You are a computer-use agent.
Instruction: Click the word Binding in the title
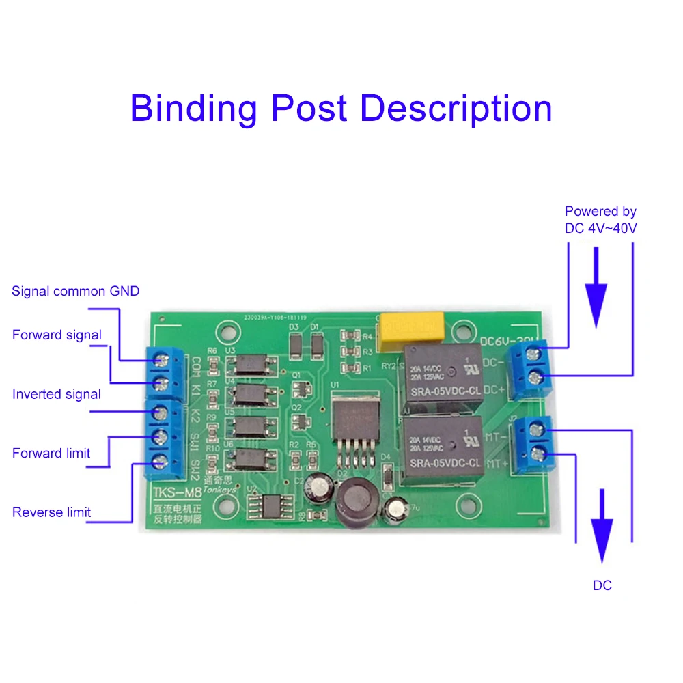193,109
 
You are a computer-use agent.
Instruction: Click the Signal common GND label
75,292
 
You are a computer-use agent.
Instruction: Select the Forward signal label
57,335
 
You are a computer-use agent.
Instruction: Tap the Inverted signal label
57,394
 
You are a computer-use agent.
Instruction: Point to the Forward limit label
51,453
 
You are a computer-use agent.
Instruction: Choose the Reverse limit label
51,512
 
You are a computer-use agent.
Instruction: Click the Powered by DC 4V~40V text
600,220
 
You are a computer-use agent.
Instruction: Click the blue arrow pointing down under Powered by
596,287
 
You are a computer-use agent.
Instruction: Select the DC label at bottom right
602,585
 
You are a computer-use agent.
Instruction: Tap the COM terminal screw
162,359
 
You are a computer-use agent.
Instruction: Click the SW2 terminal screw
162,462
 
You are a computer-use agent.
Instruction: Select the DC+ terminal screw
537,378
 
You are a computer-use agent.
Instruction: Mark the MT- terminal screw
537,430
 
